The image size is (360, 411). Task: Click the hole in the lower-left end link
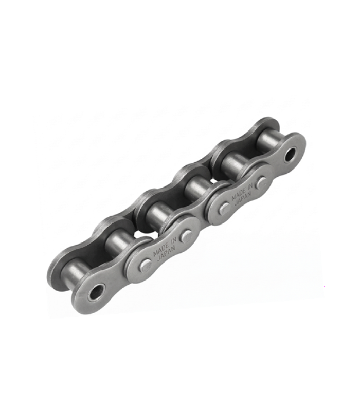coord(97,291)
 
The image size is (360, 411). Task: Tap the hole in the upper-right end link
coord(291,155)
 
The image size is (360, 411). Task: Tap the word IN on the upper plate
coord(249,186)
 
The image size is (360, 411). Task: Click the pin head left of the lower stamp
coord(146,266)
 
